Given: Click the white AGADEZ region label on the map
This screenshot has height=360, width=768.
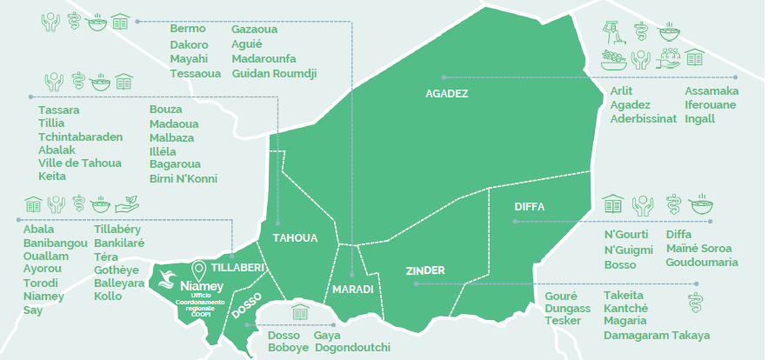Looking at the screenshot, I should pyautogui.click(x=446, y=94).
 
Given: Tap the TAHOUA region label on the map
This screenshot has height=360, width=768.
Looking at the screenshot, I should pyautogui.click(x=295, y=237).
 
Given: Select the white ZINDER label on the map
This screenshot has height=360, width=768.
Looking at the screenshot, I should pyautogui.click(x=425, y=271).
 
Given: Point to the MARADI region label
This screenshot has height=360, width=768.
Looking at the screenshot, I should pyautogui.click(x=353, y=289).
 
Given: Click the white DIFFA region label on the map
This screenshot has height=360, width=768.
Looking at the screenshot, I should pyautogui.click(x=530, y=207).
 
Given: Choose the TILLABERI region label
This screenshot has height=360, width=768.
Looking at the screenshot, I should pyautogui.click(x=238, y=268).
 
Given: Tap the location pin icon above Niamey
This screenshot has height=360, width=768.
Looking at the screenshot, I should pyautogui.click(x=199, y=270).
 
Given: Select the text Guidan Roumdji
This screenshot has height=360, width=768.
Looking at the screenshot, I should pyautogui.click(x=274, y=73).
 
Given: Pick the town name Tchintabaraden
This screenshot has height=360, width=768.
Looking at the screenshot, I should pyautogui.click(x=81, y=137).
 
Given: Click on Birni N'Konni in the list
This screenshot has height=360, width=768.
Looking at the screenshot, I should pyautogui.click(x=183, y=178).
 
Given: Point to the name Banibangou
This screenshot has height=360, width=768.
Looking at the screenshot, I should pyautogui.click(x=54, y=243).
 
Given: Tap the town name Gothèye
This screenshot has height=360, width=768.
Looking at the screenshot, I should pyautogui.click(x=117, y=270).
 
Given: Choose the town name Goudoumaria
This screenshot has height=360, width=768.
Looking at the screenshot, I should pyautogui.click(x=701, y=262).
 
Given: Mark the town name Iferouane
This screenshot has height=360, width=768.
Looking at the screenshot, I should pyautogui.click(x=711, y=104).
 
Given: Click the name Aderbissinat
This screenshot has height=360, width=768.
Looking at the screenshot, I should pyautogui.click(x=643, y=118).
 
